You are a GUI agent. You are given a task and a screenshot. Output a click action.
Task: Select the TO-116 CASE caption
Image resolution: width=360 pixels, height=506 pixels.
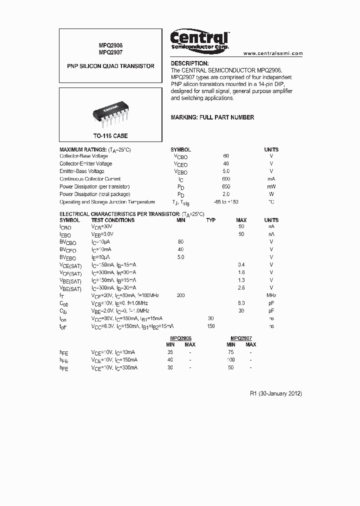point(110,136)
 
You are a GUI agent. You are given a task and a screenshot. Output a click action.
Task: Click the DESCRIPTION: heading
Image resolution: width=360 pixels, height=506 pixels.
point(189,63)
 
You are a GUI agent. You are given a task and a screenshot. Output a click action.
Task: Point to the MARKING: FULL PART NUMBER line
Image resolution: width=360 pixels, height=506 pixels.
point(212,117)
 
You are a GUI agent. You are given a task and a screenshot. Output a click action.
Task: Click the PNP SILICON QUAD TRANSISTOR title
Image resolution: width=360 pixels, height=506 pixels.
point(110,66)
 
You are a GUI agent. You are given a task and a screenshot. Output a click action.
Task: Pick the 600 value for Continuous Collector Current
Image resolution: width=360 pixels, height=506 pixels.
point(226,179)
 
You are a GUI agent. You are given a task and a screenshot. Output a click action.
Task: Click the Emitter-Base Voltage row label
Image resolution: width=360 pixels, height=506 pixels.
point(82,171)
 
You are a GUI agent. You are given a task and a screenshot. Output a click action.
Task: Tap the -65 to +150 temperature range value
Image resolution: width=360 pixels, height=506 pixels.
point(226,202)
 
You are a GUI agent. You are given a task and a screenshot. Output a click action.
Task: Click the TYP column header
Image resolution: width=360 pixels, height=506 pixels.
point(211,220)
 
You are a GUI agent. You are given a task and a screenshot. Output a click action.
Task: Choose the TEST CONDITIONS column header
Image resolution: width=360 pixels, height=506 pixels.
point(112,220)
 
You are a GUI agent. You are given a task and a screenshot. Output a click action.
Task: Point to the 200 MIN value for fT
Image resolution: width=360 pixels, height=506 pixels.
point(180,295)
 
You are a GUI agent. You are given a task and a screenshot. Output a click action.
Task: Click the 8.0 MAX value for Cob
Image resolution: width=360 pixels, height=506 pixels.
point(241,303)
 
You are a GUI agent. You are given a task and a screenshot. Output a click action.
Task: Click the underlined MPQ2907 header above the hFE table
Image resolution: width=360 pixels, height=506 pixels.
point(241,338)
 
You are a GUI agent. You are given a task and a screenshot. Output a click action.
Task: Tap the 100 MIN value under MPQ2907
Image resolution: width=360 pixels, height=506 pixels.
point(230,360)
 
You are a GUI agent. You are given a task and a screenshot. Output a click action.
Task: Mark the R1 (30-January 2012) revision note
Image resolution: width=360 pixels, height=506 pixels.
point(276,393)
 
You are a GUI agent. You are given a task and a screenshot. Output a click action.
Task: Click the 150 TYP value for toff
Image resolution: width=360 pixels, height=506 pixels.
point(211,326)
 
